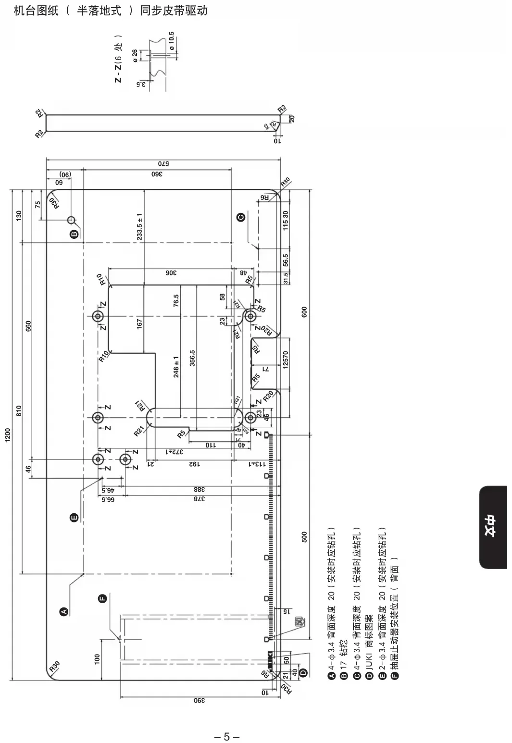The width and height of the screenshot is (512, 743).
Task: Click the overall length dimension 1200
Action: (x=7, y=434)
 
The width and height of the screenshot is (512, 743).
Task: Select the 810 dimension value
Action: (x=19, y=411)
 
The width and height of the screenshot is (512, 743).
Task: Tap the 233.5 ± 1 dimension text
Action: (x=139, y=226)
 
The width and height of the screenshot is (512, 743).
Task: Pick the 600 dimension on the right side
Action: (x=304, y=312)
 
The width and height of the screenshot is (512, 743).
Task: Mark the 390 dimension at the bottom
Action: (x=199, y=701)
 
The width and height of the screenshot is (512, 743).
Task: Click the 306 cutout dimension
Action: (x=172, y=273)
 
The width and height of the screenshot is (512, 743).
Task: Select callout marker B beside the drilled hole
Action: (x=74, y=234)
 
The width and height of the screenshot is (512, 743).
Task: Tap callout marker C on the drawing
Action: (x=241, y=217)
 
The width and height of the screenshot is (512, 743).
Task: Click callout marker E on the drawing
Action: (x=74, y=518)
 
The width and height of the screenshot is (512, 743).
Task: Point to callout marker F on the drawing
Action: (x=102, y=598)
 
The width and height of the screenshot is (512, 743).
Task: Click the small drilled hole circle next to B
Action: (x=71, y=220)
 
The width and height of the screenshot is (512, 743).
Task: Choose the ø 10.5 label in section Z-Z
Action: (x=172, y=41)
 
